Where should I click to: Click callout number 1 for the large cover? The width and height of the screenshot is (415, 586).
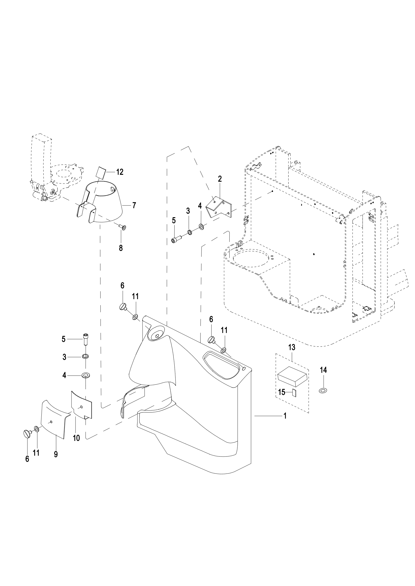pos(285,416)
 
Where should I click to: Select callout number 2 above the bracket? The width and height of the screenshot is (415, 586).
pos(220,179)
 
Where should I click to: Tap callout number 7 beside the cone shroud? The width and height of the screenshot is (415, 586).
pos(134,205)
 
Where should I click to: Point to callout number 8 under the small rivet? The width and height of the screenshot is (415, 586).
pos(121,248)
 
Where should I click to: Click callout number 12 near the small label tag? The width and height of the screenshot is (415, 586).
pos(120,172)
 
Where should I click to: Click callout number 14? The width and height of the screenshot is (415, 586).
pos(323,370)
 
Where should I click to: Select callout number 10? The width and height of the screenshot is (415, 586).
pos(77,438)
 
